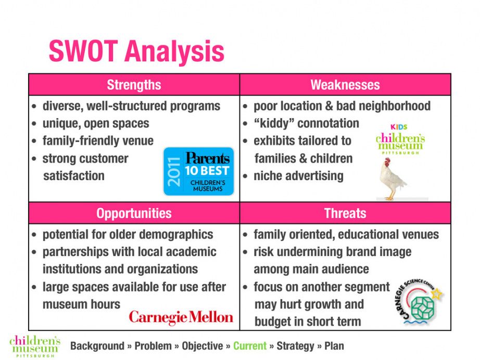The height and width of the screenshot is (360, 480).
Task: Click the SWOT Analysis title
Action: (x=136, y=51)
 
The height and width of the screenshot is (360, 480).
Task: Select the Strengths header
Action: (x=134, y=85)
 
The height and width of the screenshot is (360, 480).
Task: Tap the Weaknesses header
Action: (x=345, y=85)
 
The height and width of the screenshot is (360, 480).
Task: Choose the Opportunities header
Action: (x=134, y=213)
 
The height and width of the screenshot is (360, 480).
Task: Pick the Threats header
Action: (x=345, y=213)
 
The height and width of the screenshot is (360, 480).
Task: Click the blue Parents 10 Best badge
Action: (x=199, y=171)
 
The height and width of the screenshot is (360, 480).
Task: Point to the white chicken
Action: (x=392, y=179)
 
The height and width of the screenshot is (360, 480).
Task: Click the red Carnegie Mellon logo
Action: (x=181, y=317)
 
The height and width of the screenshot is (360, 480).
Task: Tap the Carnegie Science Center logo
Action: (x=419, y=302)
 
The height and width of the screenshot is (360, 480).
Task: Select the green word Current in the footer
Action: (x=250, y=346)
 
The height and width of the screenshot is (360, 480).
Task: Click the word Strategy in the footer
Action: (x=295, y=346)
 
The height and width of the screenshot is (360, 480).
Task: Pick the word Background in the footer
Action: (x=97, y=346)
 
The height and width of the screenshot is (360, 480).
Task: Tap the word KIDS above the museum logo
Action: (x=399, y=127)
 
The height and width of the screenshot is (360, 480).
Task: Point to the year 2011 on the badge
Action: (x=174, y=172)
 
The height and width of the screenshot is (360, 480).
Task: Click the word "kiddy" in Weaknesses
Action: (x=274, y=124)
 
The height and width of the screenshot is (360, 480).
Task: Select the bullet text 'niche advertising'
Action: (x=298, y=176)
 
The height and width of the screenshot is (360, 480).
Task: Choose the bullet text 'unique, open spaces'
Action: (x=96, y=124)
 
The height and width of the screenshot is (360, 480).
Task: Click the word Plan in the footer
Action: (x=334, y=346)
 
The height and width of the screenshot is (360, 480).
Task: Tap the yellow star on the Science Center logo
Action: (x=437, y=294)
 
